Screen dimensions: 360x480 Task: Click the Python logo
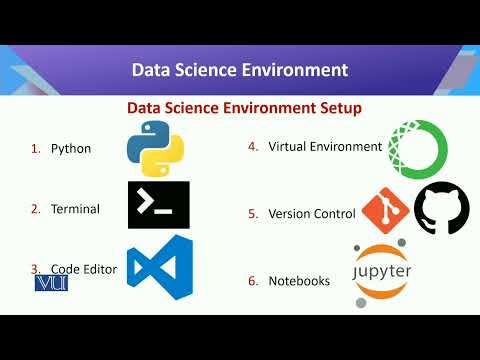[155, 147]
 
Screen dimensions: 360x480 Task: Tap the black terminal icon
[158, 205]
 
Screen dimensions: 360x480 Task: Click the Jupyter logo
[382, 272]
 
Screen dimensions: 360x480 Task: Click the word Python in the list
[71, 149]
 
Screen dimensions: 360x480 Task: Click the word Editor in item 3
[100, 269]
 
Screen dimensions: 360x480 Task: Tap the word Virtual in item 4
[289, 146]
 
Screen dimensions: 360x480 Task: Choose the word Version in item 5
[291, 213]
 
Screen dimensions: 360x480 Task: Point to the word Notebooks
[299, 281]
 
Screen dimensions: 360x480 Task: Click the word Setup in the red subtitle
[337, 107]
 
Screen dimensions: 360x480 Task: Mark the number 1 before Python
[35, 149]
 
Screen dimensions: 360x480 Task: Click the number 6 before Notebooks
[253, 281]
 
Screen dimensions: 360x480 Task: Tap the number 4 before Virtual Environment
[253, 146]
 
